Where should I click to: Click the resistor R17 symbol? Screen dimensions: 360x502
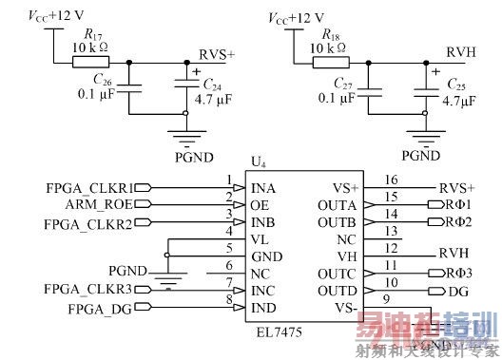(85, 63)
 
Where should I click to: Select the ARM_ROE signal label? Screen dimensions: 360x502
(107, 203)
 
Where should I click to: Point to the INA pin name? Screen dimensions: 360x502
(264, 187)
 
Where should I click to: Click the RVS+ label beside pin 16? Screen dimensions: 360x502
(457, 187)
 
